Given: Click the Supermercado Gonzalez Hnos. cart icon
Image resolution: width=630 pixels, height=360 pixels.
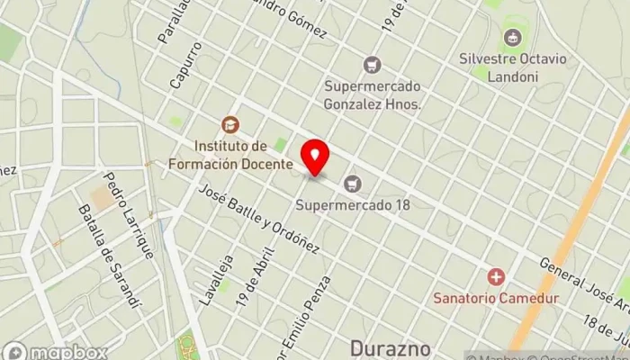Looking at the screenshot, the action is coord(371,65).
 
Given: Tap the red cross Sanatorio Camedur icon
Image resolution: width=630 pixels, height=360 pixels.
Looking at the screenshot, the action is coord(495,276).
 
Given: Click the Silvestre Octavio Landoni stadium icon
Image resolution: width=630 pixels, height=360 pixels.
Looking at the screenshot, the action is coord(512,38).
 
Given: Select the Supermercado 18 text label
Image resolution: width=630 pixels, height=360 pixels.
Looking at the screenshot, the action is coord(353,204).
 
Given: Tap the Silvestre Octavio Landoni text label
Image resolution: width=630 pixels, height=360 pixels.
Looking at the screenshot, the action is coord(512,68).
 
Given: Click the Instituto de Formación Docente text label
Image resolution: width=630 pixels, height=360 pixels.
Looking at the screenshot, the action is coord(230,155).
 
